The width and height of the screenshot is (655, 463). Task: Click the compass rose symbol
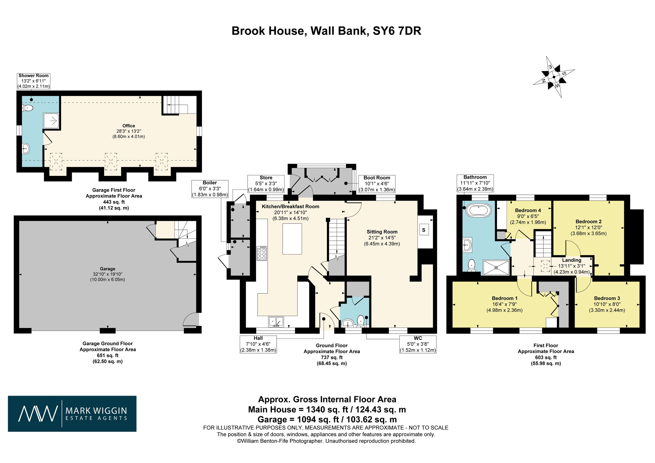(x=554, y=77)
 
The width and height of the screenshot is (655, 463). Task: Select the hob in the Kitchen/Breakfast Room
(x=262, y=253)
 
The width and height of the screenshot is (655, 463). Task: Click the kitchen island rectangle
(x=292, y=239)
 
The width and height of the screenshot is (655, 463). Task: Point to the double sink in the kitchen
(x=276, y=322)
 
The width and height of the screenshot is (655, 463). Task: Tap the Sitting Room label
(x=382, y=232)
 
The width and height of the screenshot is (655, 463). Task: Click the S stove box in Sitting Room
(x=424, y=230)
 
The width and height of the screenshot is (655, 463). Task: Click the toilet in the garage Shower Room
(x=28, y=108)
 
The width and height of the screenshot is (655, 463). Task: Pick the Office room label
(x=129, y=126)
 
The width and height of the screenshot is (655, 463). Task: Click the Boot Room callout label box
(x=376, y=184)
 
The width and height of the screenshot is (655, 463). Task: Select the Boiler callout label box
(x=210, y=189)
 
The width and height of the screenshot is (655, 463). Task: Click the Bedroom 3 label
(x=607, y=298)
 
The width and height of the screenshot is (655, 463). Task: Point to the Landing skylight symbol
(x=545, y=266)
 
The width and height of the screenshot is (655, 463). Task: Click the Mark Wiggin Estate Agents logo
(x=72, y=414)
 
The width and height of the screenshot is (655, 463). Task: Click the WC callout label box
(x=418, y=344)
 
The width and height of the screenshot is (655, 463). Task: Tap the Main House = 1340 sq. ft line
(x=327, y=410)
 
